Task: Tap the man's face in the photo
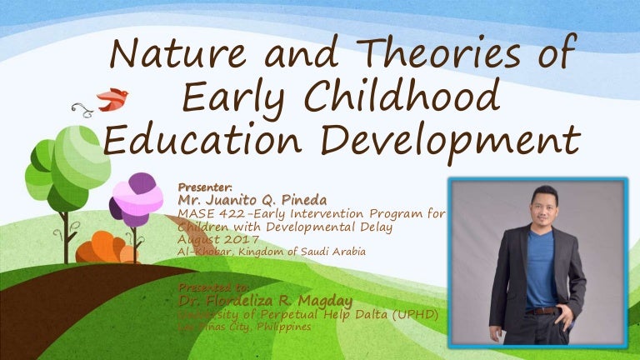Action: click(538, 208)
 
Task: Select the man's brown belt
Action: click(543, 310)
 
